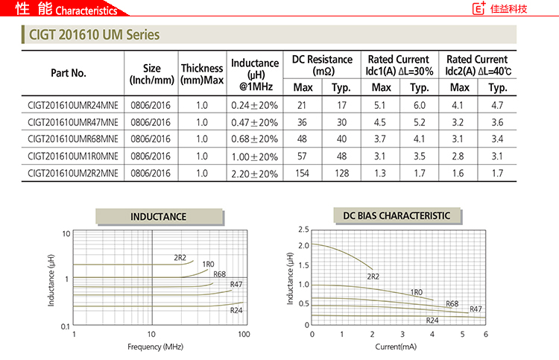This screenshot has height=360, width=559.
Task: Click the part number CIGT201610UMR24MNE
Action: pos(73,105)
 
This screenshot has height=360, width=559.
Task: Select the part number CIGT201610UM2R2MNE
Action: pos(73,173)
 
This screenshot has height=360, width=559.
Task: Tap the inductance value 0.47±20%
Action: pos(254,122)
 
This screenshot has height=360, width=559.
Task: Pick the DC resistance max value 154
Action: pos(303,173)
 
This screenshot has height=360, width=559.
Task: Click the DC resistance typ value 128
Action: pos(341,173)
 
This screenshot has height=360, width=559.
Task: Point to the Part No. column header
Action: pos(69,73)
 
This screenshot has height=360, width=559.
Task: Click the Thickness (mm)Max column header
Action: pos(202,73)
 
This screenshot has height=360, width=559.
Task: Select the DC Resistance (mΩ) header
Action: pos(322,66)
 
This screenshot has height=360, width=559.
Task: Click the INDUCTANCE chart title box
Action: pos(158,217)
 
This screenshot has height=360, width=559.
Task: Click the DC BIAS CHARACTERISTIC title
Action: pos(397,216)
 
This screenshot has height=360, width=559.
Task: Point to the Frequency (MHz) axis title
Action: pos(155,347)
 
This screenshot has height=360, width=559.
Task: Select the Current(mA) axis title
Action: pos(396,347)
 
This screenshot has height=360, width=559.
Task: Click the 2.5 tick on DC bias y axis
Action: pos(303,230)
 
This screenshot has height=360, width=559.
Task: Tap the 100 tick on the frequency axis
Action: pos(243,335)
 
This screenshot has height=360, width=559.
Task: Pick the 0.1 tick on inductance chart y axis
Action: pos(66,326)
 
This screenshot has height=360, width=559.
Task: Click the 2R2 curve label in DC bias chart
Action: pos(373,277)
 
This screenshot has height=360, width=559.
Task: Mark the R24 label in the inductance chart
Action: pos(236,310)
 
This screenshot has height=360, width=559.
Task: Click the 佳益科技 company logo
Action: pos(500,10)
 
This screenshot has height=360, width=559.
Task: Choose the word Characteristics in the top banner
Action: pos(86,11)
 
